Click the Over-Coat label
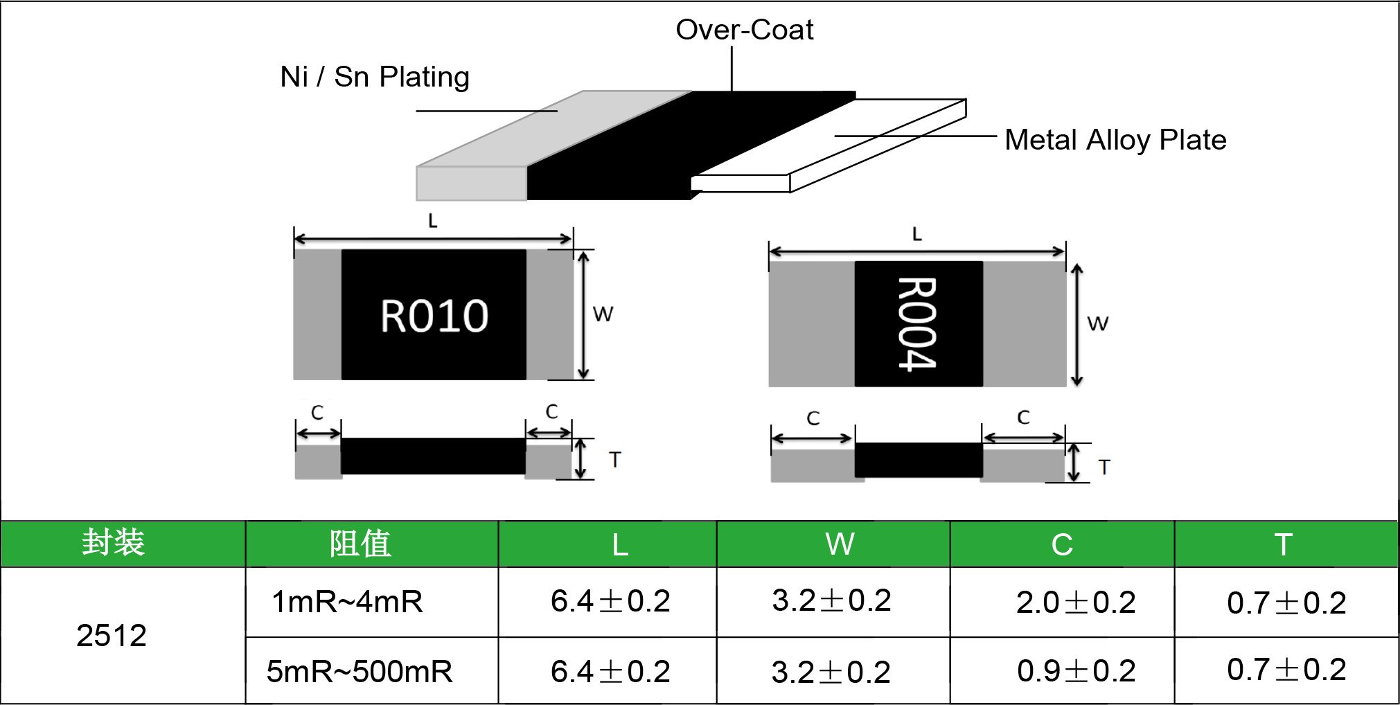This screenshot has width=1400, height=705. click(744, 30)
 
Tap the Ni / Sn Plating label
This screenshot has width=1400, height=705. click(375, 77)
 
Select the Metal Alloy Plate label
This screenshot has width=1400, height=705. click(1115, 140)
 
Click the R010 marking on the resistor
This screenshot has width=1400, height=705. click(434, 316)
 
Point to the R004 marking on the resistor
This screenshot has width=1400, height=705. click(917, 323)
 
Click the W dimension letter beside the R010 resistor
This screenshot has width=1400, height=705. click(603, 314)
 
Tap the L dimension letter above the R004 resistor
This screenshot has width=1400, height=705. click(917, 234)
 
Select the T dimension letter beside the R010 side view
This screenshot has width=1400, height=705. click(614, 460)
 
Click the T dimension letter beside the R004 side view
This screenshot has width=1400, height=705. click(1104, 467)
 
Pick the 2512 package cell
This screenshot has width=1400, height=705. click(112, 636)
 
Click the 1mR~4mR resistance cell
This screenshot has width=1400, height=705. click(347, 602)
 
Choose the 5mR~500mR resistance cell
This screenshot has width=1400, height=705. click(360, 672)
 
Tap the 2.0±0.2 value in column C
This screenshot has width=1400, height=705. click(1076, 603)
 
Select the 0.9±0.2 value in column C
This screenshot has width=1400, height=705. click(1076, 670)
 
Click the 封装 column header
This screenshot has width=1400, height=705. click(114, 543)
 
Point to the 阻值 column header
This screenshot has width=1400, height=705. click(360, 544)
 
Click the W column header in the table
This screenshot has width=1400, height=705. click(840, 544)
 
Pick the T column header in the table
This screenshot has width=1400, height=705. click(1283, 544)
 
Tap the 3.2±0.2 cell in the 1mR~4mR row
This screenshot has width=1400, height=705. click(831, 600)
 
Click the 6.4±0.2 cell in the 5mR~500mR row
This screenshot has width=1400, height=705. click(610, 672)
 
